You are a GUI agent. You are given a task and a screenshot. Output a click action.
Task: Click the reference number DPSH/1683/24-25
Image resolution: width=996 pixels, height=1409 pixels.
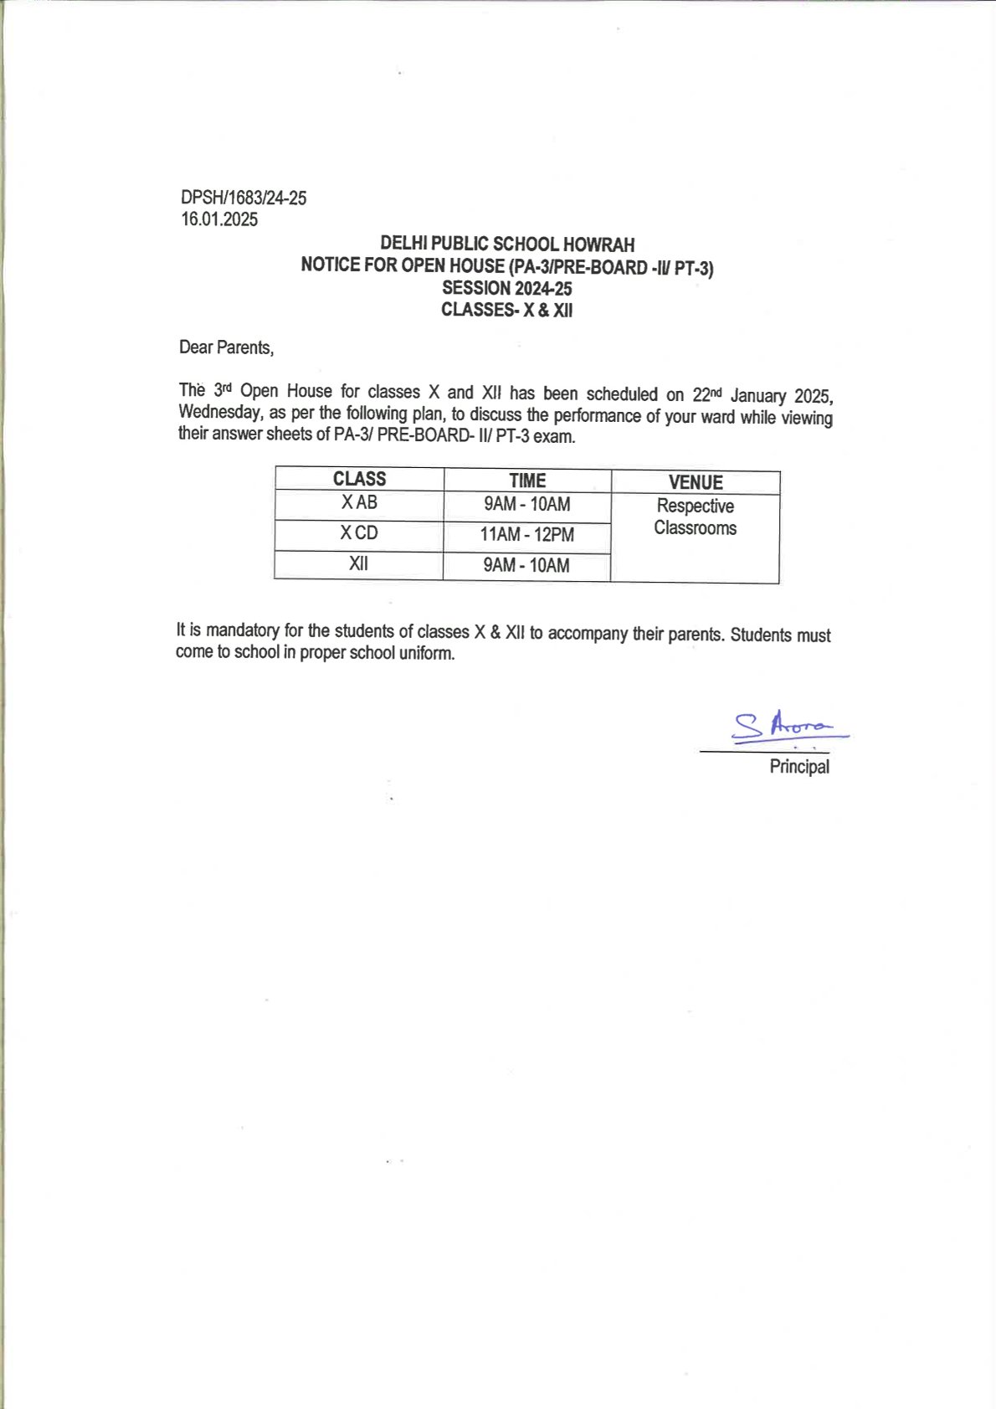[x=244, y=198]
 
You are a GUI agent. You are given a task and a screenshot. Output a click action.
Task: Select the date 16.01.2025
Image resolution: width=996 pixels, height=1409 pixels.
[x=219, y=219]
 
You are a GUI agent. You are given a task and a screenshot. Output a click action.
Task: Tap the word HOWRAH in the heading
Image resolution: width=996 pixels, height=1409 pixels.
[x=598, y=244]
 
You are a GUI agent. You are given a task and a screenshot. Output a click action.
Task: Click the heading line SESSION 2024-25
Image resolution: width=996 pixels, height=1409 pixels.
[x=507, y=288]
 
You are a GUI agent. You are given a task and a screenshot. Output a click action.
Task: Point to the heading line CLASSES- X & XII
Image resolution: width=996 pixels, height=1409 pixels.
[x=507, y=310]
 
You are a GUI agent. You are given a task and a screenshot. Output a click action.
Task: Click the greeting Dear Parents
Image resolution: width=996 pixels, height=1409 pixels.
[x=226, y=347]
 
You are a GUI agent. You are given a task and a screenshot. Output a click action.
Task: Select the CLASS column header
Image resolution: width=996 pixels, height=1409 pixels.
[x=359, y=479]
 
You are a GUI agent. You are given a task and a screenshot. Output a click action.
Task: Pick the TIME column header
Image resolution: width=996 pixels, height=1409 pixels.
[x=527, y=481]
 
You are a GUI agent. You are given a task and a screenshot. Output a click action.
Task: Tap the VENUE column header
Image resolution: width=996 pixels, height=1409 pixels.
[x=696, y=482]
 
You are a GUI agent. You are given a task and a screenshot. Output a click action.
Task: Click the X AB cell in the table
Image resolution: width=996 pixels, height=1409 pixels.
[x=359, y=502]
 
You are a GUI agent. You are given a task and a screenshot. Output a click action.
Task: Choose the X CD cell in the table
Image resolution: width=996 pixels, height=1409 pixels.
[x=359, y=533]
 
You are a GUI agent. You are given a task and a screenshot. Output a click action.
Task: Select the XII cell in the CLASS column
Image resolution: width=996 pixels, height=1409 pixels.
[x=358, y=563]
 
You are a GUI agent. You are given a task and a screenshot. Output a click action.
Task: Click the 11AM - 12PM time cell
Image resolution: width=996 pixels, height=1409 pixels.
[x=527, y=534]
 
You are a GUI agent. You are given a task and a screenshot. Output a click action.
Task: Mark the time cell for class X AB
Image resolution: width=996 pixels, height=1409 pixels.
[x=527, y=504]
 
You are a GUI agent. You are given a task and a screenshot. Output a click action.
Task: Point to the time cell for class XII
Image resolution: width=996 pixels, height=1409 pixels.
[x=526, y=565]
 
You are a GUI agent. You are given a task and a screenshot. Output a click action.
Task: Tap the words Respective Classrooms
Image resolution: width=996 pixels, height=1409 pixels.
[x=696, y=517]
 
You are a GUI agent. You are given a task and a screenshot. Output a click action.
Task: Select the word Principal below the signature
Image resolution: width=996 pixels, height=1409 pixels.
[x=799, y=767]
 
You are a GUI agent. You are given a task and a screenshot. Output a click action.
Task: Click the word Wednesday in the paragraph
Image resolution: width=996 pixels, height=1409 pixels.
[x=219, y=413]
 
